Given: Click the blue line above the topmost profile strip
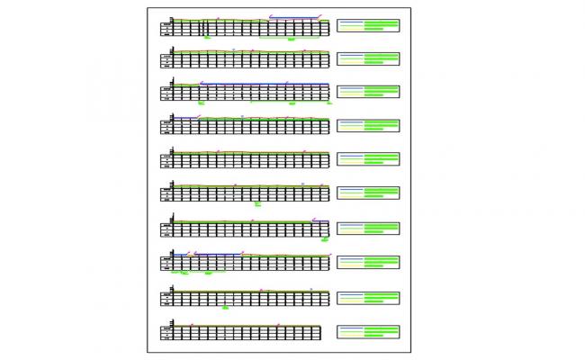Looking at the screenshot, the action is click(x=295, y=17).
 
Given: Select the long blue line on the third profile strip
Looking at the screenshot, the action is click(x=261, y=83).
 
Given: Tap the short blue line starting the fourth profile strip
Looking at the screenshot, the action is click(x=185, y=117).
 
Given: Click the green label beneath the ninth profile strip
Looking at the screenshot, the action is click(x=225, y=307).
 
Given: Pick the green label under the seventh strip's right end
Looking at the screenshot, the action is click(x=325, y=239).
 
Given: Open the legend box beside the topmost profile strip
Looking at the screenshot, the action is click(x=367, y=25).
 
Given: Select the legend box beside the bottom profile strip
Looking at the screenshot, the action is click(x=367, y=332).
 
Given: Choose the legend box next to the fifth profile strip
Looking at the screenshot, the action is click(x=367, y=159).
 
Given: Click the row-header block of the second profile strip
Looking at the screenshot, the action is click(x=166, y=59).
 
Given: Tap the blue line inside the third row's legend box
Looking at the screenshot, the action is click(x=351, y=87).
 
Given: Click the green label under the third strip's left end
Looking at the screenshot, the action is click(x=202, y=103).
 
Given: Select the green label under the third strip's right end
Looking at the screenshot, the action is click(x=330, y=103).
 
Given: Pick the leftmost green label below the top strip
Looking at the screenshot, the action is click(x=208, y=39).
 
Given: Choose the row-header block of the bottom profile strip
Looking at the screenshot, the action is click(x=166, y=332).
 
